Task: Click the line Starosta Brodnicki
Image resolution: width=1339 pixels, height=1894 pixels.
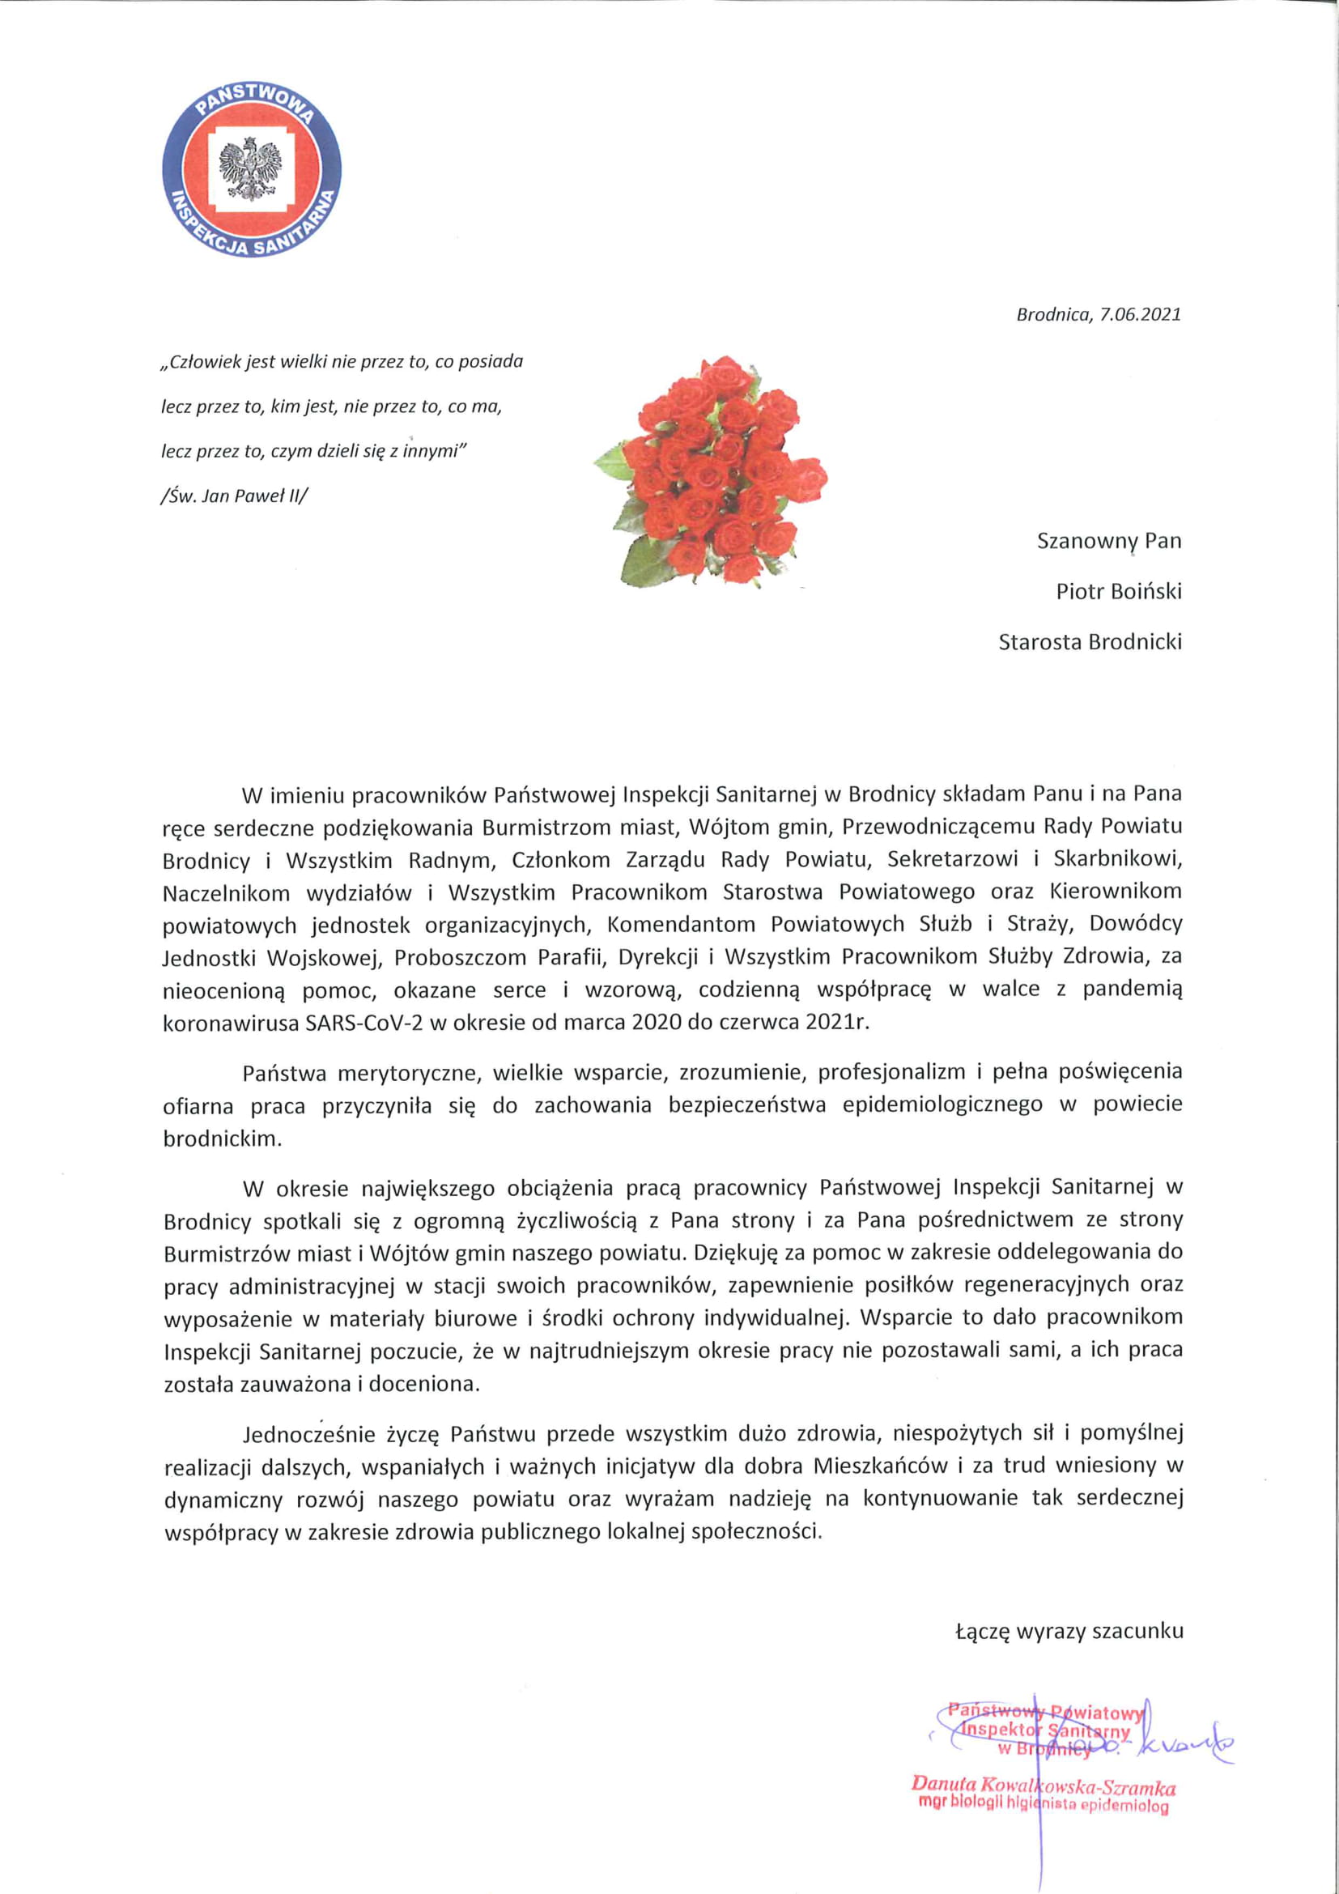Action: (1089, 641)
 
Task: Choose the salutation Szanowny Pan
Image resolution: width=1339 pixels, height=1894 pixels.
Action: (1108, 541)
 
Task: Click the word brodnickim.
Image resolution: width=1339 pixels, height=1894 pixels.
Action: (223, 1139)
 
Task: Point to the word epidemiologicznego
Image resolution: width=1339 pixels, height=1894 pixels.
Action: (942, 1104)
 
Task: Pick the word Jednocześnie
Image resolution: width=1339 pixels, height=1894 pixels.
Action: (308, 1434)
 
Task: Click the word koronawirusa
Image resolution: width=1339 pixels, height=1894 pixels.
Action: (232, 1022)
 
